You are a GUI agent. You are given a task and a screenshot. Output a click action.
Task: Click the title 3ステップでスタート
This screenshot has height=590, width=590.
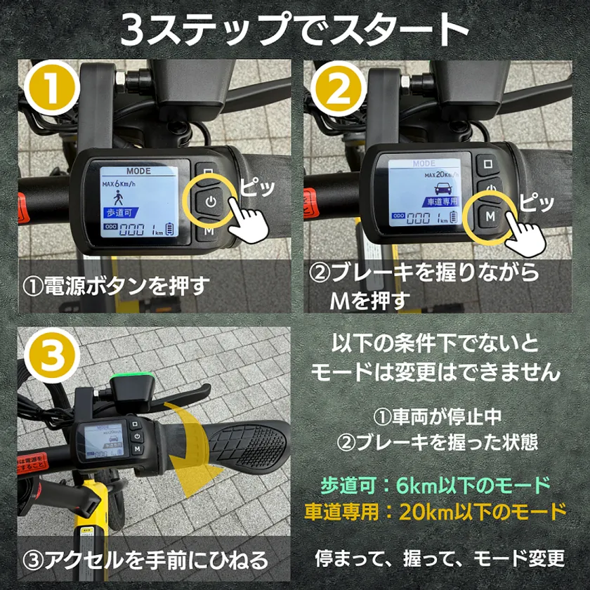tap(294, 29)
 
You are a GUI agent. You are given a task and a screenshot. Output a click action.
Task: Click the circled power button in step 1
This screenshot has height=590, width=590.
tap(209, 201)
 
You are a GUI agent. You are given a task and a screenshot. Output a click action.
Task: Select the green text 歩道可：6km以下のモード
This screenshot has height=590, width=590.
tap(435, 485)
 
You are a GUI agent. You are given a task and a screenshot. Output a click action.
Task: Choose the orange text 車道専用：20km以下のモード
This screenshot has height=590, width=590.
tap(435, 511)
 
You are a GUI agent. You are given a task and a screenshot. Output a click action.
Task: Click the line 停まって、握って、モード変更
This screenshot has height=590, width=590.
tap(440, 558)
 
